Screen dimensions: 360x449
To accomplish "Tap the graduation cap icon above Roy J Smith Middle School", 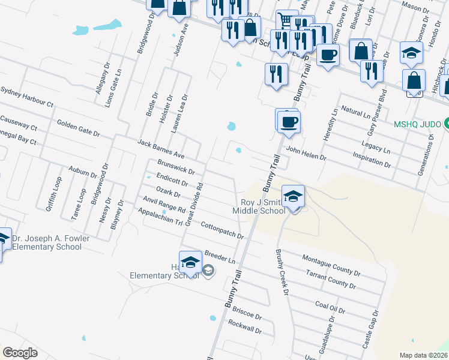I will (x=293, y=196).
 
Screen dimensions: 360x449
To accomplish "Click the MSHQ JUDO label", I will (x=417, y=125).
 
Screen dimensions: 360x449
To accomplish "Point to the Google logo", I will (x=20, y=353).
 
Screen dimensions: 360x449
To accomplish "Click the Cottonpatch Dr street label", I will (x=221, y=231).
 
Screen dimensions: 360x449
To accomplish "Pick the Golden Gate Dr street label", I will (x=82, y=127).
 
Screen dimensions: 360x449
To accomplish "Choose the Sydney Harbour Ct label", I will (x=27, y=96).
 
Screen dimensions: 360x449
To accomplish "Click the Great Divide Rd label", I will (x=193, y=205).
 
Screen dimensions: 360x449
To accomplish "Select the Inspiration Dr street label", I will (x=372, y=158).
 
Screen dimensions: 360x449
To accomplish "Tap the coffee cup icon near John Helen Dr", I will (x=289, y=122).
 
